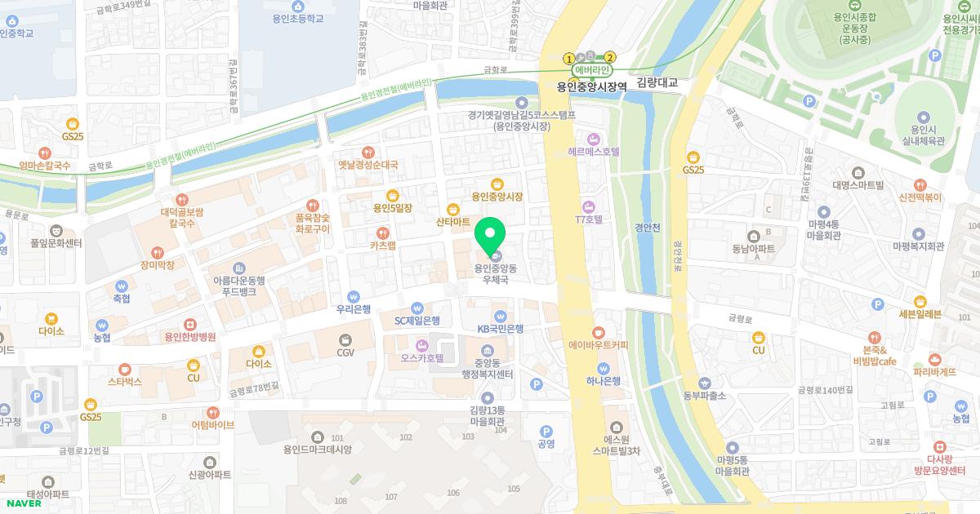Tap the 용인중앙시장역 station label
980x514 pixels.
pyautogui.click(x=591, y=85)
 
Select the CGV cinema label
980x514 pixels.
pyautogui.click(x=345, y=352)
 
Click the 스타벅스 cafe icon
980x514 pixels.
pyautogui.click(x=124, y=370)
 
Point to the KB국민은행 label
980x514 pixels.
pyautogui.click(x=500, y=329)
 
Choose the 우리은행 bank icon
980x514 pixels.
pyautogui.click(x=354, y=297)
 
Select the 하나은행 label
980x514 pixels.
pyautogui.click(x=604, y=380)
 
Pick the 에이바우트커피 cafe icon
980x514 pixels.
pyautogui.click(x=598, y=333)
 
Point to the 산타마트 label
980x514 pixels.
pyautogui.click(x=453, y=222)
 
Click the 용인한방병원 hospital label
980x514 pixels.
pyautogui.click(x=189, y=336)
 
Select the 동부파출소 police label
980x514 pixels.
pyautogui.click(x=704, y=396)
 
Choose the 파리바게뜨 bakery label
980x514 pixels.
pyautogui.click(x=934, y=371)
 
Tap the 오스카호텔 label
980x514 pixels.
pyautogui.click(x=421, y=357)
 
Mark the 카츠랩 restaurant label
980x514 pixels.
pyautogui.click(x=382, y=245)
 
